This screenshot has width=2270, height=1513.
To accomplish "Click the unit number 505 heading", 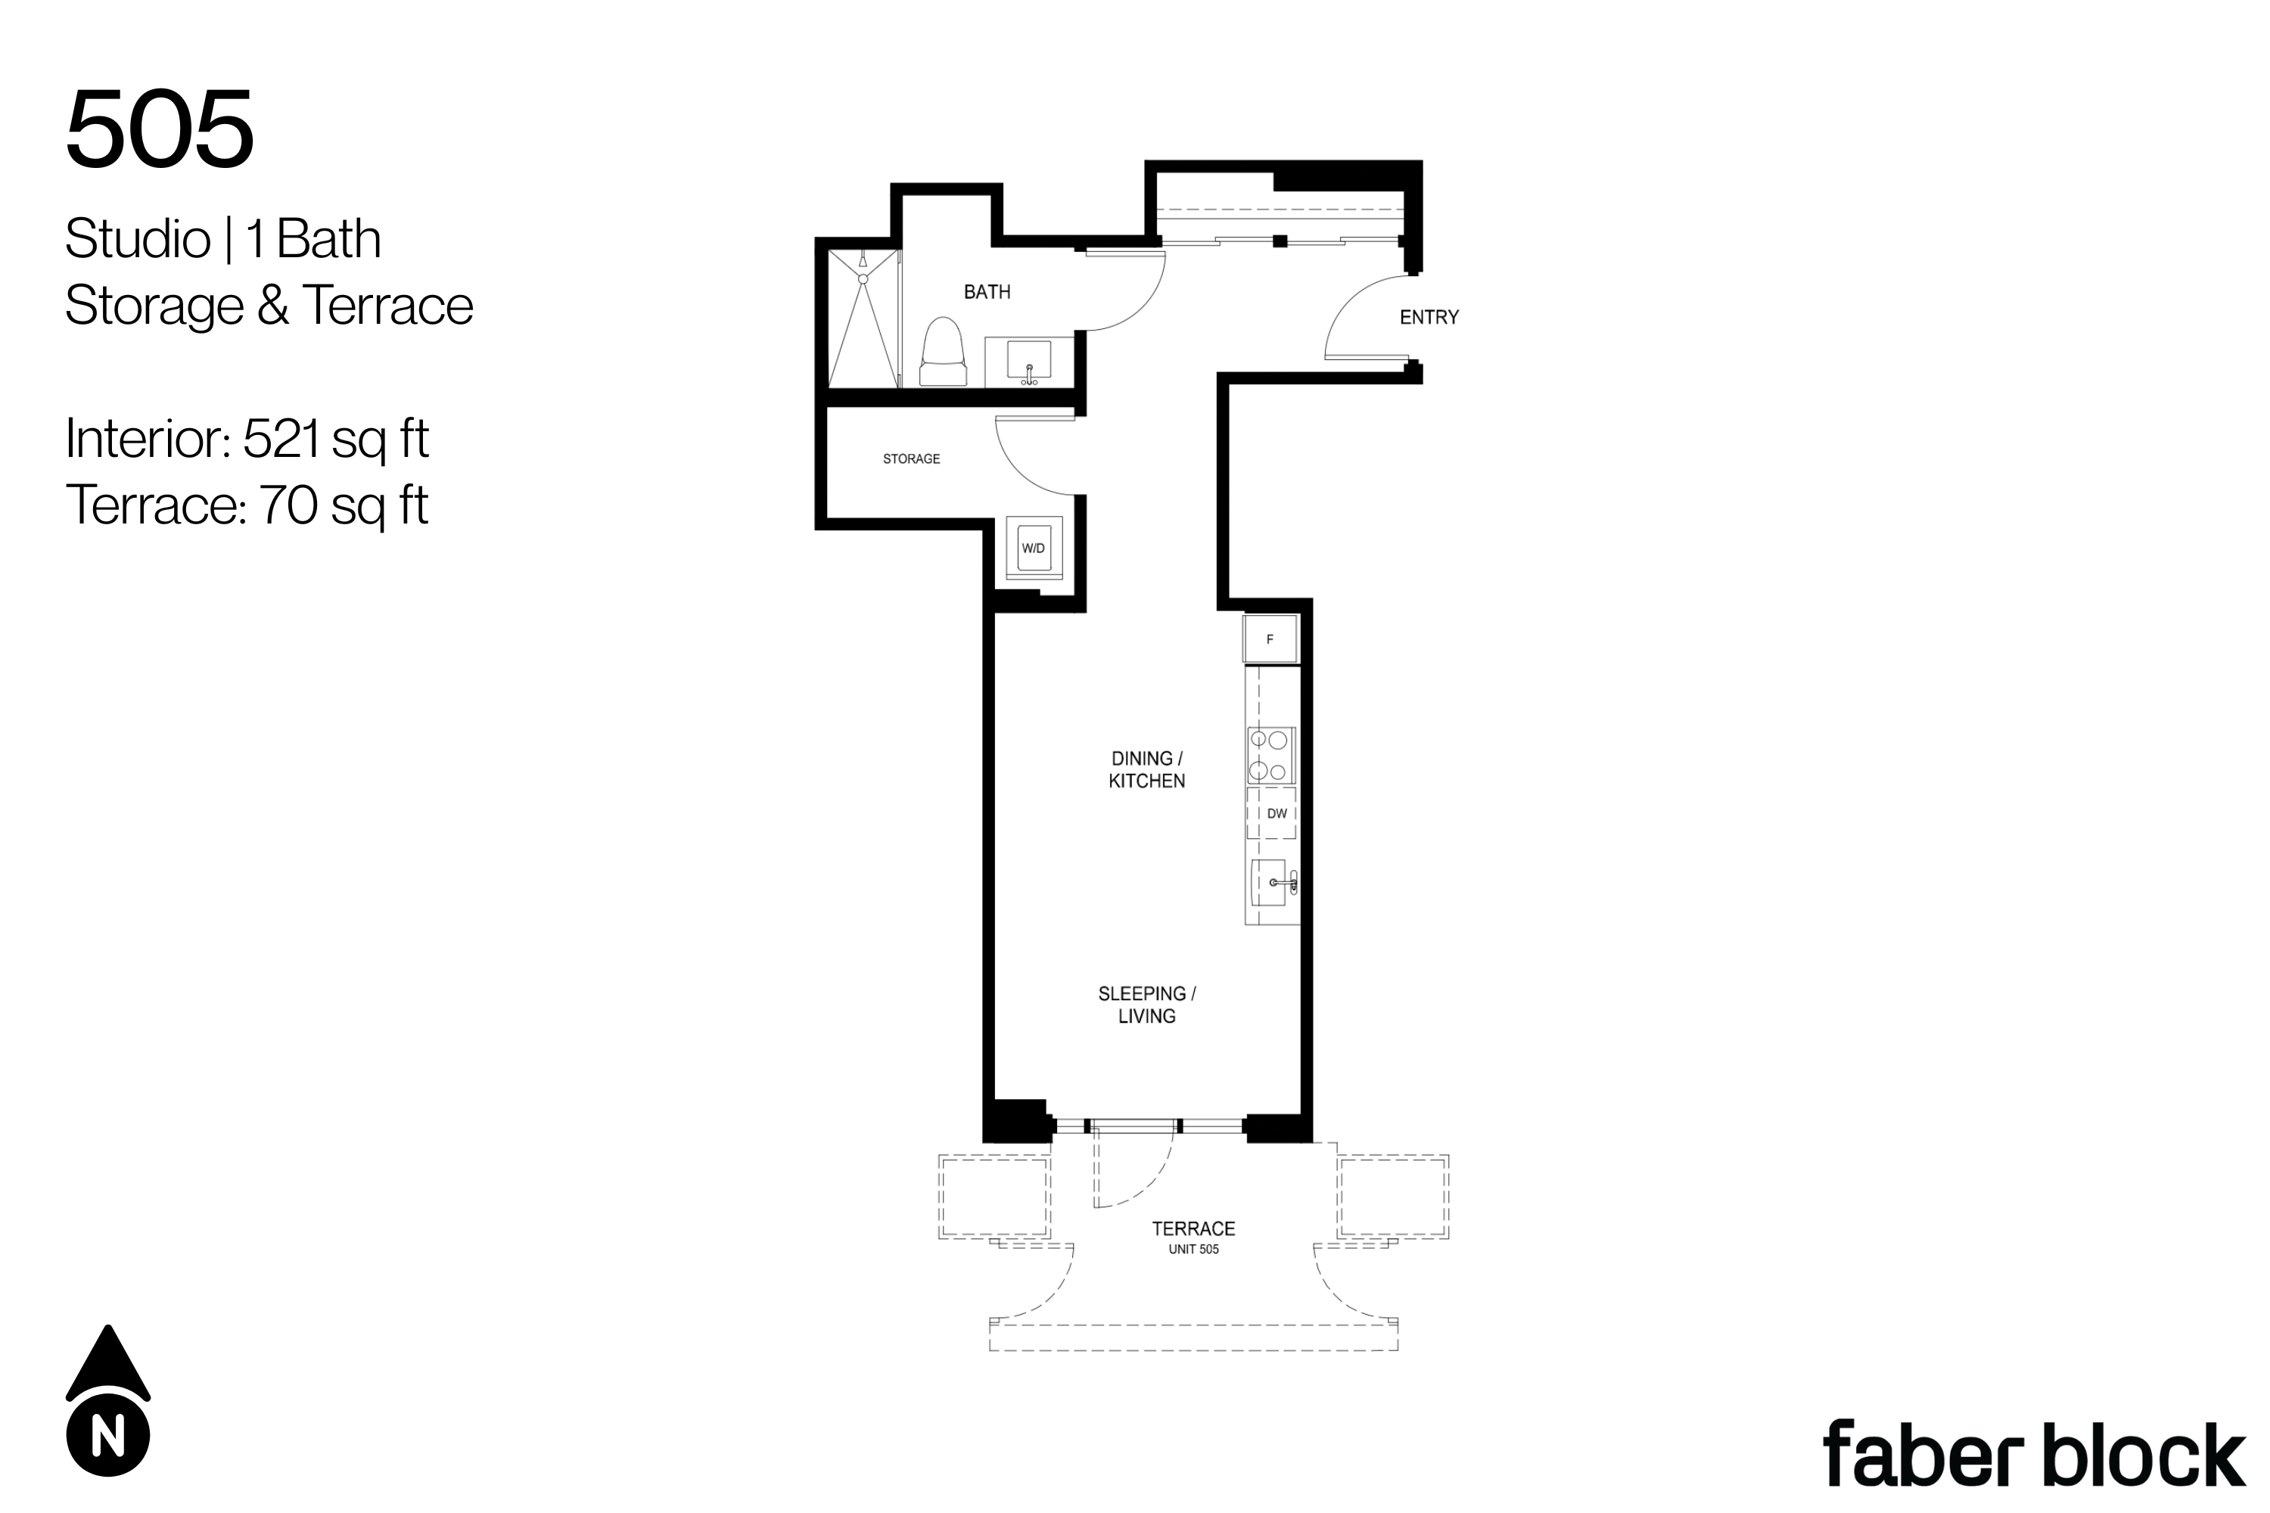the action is (160, 129).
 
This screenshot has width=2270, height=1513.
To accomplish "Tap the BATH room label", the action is (987, 291).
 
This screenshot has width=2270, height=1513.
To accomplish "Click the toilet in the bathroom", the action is (944, 353).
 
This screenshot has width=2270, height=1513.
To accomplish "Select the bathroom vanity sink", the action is (1029, 362).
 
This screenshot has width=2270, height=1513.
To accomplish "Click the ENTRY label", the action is (1429, 318).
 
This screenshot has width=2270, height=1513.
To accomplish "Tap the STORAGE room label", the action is (911, 459).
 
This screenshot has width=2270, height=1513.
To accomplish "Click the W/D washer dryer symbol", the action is (1034, 548).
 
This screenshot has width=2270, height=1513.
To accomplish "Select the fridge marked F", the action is (1270, 638).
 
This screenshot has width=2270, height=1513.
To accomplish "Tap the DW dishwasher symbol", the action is (1271, 813).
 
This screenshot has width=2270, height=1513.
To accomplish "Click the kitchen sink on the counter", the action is (1271, 883).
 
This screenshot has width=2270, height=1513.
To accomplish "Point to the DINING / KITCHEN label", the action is (1146, 770).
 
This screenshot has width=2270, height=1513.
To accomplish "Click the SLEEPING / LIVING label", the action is (1146, 1005).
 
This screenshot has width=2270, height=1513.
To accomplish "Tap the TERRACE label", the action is (1193, 1229).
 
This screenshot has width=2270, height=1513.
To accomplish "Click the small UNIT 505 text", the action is (1194, 1250).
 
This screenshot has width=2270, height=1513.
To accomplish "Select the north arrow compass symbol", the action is (108, 1400).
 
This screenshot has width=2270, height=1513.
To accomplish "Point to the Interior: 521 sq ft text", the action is (247, 439).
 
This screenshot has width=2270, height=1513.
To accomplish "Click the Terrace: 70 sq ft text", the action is (247, 505).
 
